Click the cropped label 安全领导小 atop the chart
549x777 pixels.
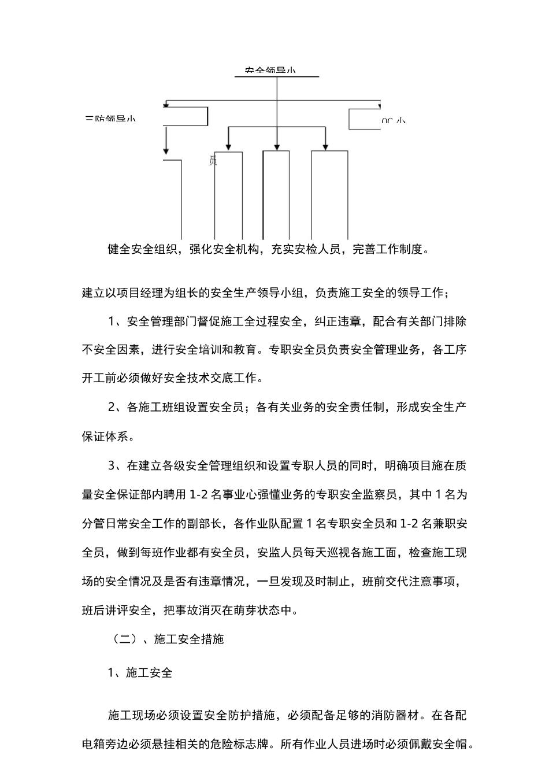point(270,71)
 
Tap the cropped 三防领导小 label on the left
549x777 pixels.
point(110,120)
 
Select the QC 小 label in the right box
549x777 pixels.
point(393,121)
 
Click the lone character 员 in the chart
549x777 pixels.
point(212,161)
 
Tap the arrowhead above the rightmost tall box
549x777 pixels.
point(326,147)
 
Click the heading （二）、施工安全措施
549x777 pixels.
point(166,639)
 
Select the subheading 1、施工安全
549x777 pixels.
point(140,672)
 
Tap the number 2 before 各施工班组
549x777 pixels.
point(113,408)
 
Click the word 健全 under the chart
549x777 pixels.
point(120,249)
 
